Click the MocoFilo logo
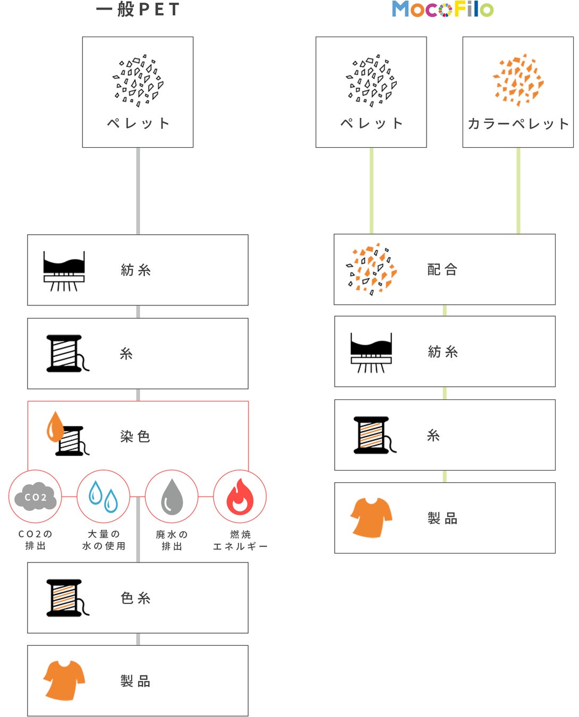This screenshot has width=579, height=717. (442, 9)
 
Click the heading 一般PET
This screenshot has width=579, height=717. (138, 9)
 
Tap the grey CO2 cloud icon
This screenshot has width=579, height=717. (35, 497)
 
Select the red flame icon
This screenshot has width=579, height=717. (240, 497)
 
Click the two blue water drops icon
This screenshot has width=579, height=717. (103, 497)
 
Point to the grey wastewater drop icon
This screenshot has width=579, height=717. (172, 497)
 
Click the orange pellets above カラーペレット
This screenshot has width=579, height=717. (518, 80)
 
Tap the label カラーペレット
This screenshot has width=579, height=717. (518, 124)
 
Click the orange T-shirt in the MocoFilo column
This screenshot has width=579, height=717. (371, 517)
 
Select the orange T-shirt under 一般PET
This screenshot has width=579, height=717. (64, 680)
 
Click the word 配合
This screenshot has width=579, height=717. (442, 270)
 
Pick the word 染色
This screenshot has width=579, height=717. (135, 437)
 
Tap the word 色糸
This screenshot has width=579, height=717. (135, 598)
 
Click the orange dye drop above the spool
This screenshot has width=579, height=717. (55, 426)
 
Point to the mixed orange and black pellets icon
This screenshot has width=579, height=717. (371, 269)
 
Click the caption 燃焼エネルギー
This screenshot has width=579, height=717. (240, 540)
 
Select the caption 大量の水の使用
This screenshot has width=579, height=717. (104, 540)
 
